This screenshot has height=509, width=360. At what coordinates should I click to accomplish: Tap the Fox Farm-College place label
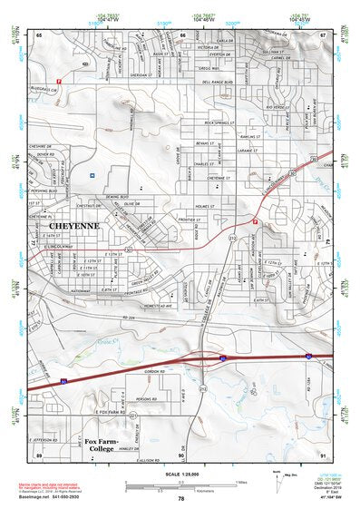tap(106, 445)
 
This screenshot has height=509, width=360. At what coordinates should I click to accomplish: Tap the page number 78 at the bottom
tap(181, 499)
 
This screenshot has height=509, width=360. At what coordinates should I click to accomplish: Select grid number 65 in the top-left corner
tap(39, 34)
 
